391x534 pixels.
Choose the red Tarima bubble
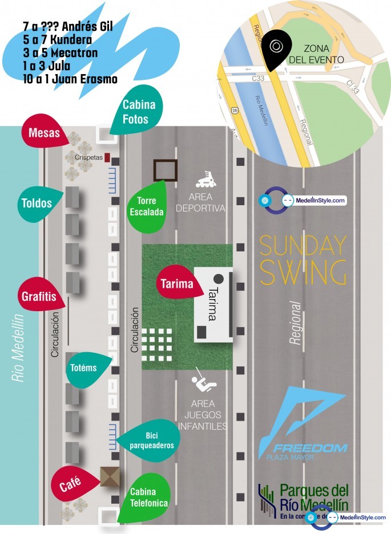[x=178, y=283]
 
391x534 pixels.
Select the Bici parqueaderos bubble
[x=150, y=441]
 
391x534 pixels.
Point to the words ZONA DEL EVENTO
[x=324, y=54]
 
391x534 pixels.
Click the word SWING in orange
[x=303, y=272]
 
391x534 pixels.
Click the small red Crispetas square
[x=107, y=157]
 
